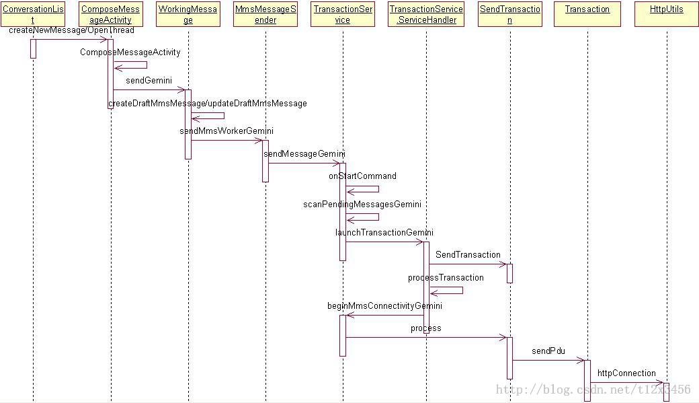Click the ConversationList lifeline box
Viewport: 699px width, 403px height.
pyautogui.click(x=33, y=14)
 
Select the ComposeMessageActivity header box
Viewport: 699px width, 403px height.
pyautogui.click(x=110, y=14)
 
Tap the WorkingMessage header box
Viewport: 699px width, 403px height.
pyautogui.click(x=188, y=14)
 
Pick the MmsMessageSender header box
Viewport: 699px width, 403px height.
pyautogui.click(x=265, y=14)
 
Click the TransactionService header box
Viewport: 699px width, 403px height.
pyautogui.click(x=343, y=14)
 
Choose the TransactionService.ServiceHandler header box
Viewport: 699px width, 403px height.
pyautogui.click(x=426, y=14)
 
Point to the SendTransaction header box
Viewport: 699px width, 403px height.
pyautogui.click(x=510, y=14)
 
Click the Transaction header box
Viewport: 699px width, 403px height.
pyautogui.click(x=587, y=9)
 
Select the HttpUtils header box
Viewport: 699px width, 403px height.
pyautogui.click(x=667, y=9)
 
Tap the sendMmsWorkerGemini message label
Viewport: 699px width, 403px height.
pyautogui.click(x=227, y=131)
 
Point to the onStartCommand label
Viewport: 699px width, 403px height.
pyautogui.click(x=362, y=176)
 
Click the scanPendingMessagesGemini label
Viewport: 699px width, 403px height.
pyautogui.click(x=362, y=204)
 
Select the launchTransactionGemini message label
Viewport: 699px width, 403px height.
pyautogui.click(x=384, y=232)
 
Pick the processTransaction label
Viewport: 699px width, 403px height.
pyautogui.click(x=446, y=277)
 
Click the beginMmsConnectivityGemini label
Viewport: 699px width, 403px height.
pyautogui.click(x=384, y=305)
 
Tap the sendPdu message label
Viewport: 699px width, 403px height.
pyautogui.click(x=548, y=351)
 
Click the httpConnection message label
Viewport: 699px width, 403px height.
pyautogui.click(x=626, y=373)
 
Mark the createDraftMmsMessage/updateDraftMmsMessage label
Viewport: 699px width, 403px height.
pyautogui.click(x=208, y=103)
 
